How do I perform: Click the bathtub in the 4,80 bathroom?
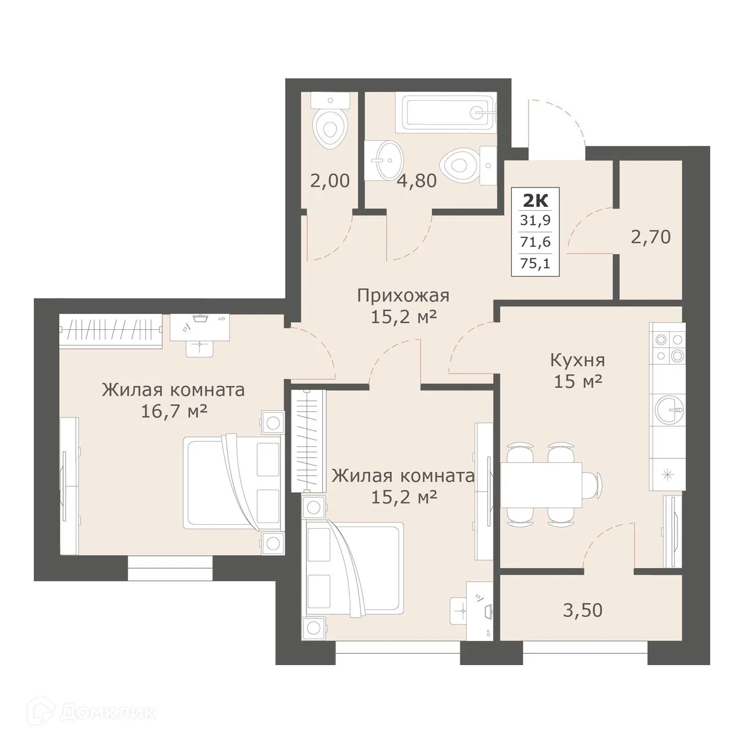445,111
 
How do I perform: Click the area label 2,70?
651,237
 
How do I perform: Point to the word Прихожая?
403,295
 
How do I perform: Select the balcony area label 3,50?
582,609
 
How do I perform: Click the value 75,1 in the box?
535,263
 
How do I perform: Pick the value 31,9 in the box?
535,220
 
